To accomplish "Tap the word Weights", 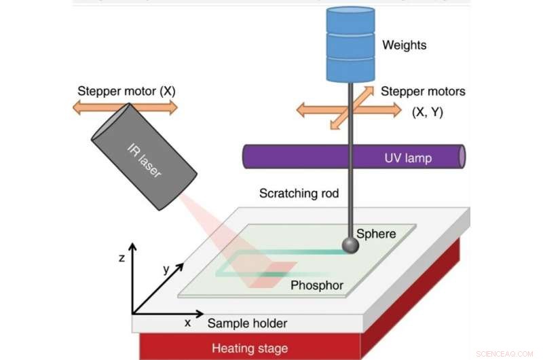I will (x=405, y=46).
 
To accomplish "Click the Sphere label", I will (x=375, y=234).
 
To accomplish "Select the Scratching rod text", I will (x=299, y=194).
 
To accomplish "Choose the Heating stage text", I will (x=249, y=348).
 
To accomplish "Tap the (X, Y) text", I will (x=428, y=112).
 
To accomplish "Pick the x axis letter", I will (x=187, y=323).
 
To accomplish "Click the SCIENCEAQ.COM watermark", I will (x=505, y=354).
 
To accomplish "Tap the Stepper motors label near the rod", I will (x=423, y=91).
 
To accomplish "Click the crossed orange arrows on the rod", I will (x=349, y=107).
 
